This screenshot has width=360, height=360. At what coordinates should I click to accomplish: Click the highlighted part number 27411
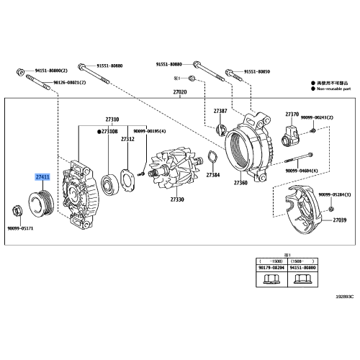click(44, 176)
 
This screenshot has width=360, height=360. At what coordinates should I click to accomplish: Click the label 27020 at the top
click(179, 93)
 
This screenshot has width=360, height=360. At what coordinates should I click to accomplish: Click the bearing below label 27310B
click(110, 184)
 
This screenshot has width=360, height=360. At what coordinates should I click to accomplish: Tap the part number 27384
click(213, 175)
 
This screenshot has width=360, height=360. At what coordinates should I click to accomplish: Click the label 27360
click(240, 183)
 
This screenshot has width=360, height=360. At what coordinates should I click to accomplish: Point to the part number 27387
click(220, 110)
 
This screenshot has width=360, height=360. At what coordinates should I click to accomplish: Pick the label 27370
click(291, 114)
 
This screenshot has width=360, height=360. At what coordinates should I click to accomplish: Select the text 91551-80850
click(258, 72)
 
